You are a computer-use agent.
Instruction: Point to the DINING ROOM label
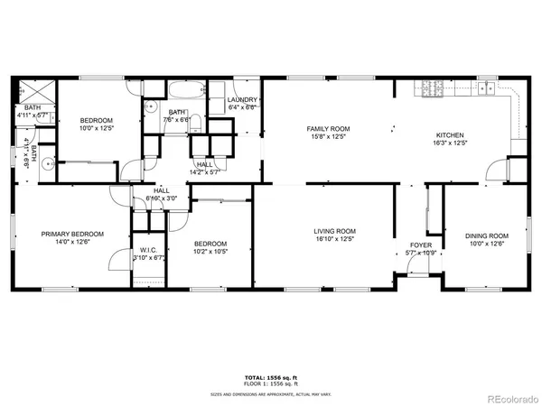click(487, 235)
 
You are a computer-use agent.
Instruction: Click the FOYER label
click(421, 245)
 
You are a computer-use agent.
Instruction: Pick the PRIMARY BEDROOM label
click(72, 234)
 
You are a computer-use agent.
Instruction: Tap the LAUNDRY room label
click(243, 99)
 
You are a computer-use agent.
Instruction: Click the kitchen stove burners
click(425, 88)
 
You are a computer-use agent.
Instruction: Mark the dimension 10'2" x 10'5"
click(210, 252)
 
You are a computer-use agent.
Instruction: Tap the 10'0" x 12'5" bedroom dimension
click(97, 128)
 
